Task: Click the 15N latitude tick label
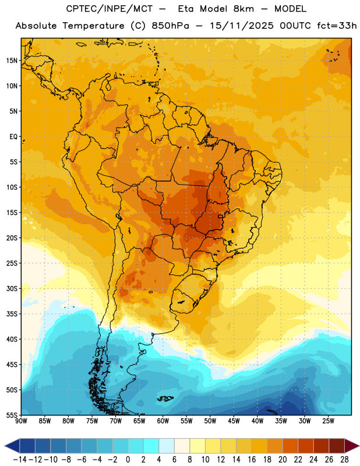tap(12, 61)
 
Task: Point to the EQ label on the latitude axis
tap(13, 137)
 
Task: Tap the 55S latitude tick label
tap(12, 415)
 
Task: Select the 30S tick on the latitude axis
tap(12, 288)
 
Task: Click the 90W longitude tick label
tap(21, 421)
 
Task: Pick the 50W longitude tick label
tap(210, 421)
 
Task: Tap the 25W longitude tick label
tap(328, 421)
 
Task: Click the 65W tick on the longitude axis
tap(139, 421)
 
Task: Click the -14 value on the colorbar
tap(20, 460)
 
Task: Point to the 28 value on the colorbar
tap(344, 460)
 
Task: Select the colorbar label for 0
tap(128, 460)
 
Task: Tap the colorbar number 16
tap(252, 460)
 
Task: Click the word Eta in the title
tap(186, 9)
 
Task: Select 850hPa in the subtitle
tap(170, 26)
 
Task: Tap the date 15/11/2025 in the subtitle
tap(242, 26)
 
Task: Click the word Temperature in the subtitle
tap(93, 26)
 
